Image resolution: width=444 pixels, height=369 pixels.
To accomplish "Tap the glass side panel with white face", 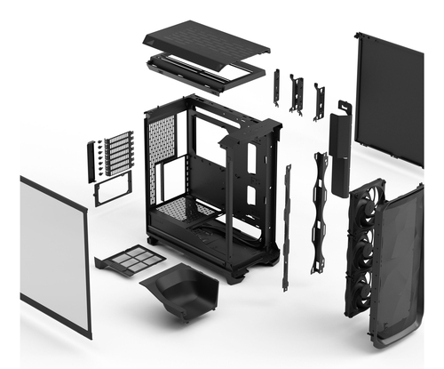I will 54,253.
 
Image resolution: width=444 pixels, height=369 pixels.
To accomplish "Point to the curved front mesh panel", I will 397,267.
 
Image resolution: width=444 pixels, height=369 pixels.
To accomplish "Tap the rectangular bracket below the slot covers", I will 113,188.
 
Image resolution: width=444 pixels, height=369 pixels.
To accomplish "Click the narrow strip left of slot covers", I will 91,161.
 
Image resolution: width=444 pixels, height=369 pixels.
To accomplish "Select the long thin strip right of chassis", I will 286,227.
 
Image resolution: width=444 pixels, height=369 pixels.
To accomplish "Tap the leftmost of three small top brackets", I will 276,87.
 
